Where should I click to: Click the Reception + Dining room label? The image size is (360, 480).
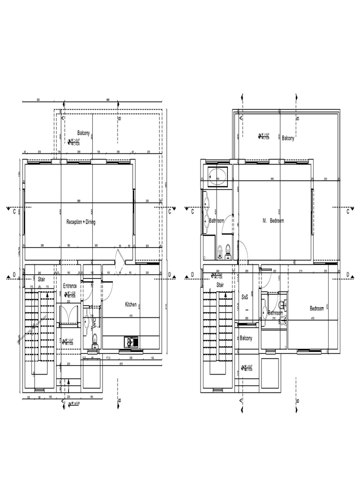point(81,222)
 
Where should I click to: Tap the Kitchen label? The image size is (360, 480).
point(131,305)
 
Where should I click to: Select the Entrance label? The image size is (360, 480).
point(70,286)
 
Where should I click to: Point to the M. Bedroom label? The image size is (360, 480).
point(273,220)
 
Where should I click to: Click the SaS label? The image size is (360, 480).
point(245,297)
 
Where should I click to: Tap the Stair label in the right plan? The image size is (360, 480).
point(220,285)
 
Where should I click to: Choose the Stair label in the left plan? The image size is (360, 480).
point(42,279)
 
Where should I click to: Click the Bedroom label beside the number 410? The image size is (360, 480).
point(316,308)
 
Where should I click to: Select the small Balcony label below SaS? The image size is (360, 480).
point(246,338)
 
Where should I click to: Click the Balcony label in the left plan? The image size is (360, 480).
point(86,133)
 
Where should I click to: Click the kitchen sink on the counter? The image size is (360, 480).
point(131,342)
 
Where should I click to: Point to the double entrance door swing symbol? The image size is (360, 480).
point(69,313)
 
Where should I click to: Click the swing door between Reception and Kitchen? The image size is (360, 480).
point(120,261)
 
